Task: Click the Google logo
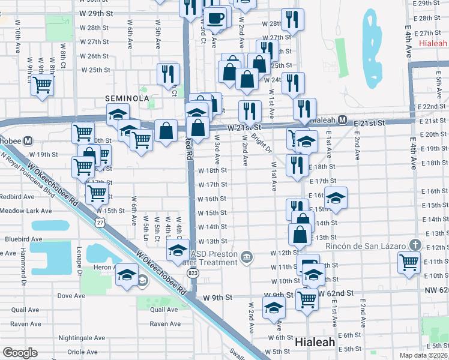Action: point(20,352)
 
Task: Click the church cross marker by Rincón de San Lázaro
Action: point(414,245)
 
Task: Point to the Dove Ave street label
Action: point(71,296)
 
